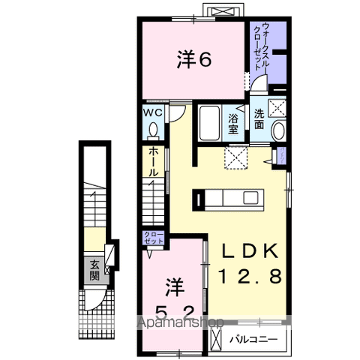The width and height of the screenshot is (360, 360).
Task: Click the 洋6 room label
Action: (193, 58)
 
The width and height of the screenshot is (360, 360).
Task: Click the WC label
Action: (153, 112)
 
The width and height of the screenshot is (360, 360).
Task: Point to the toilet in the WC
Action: (153, 130)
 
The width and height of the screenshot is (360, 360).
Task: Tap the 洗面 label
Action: (258, 119)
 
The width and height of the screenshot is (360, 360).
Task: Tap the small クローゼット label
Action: (153, 239)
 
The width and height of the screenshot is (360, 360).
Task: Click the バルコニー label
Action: (259, 339)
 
